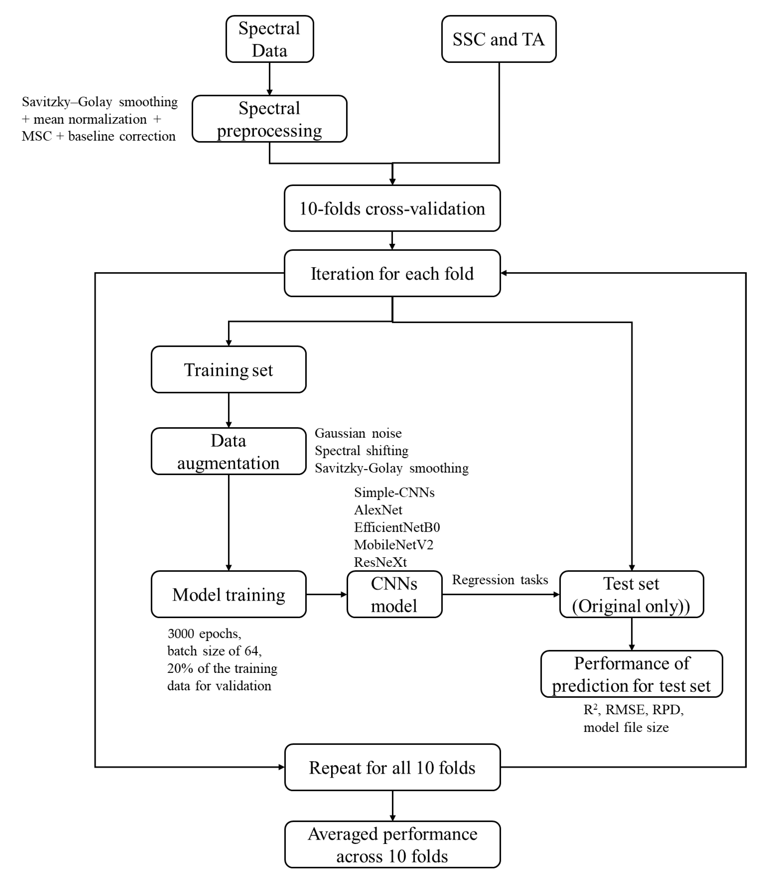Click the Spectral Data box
[x=270, y=39]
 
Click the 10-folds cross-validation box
[x=392, y=208]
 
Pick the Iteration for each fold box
[x=392, y=274]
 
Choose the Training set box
[x=228, y=370]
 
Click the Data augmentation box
[x=228, y=451]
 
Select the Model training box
[x=228, y=594]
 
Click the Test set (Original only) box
[x=631, y=594]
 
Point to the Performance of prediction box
[x=631, y=674]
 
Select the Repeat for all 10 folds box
[x=392, y=768]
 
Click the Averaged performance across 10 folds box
[x=392, y=845]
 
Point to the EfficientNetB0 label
[x=397, y=527]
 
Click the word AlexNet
[x=378, y=510]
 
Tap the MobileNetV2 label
[x=393, y=545]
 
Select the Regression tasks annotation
[x=500, y=580]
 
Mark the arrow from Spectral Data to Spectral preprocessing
[x=270, y=79]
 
